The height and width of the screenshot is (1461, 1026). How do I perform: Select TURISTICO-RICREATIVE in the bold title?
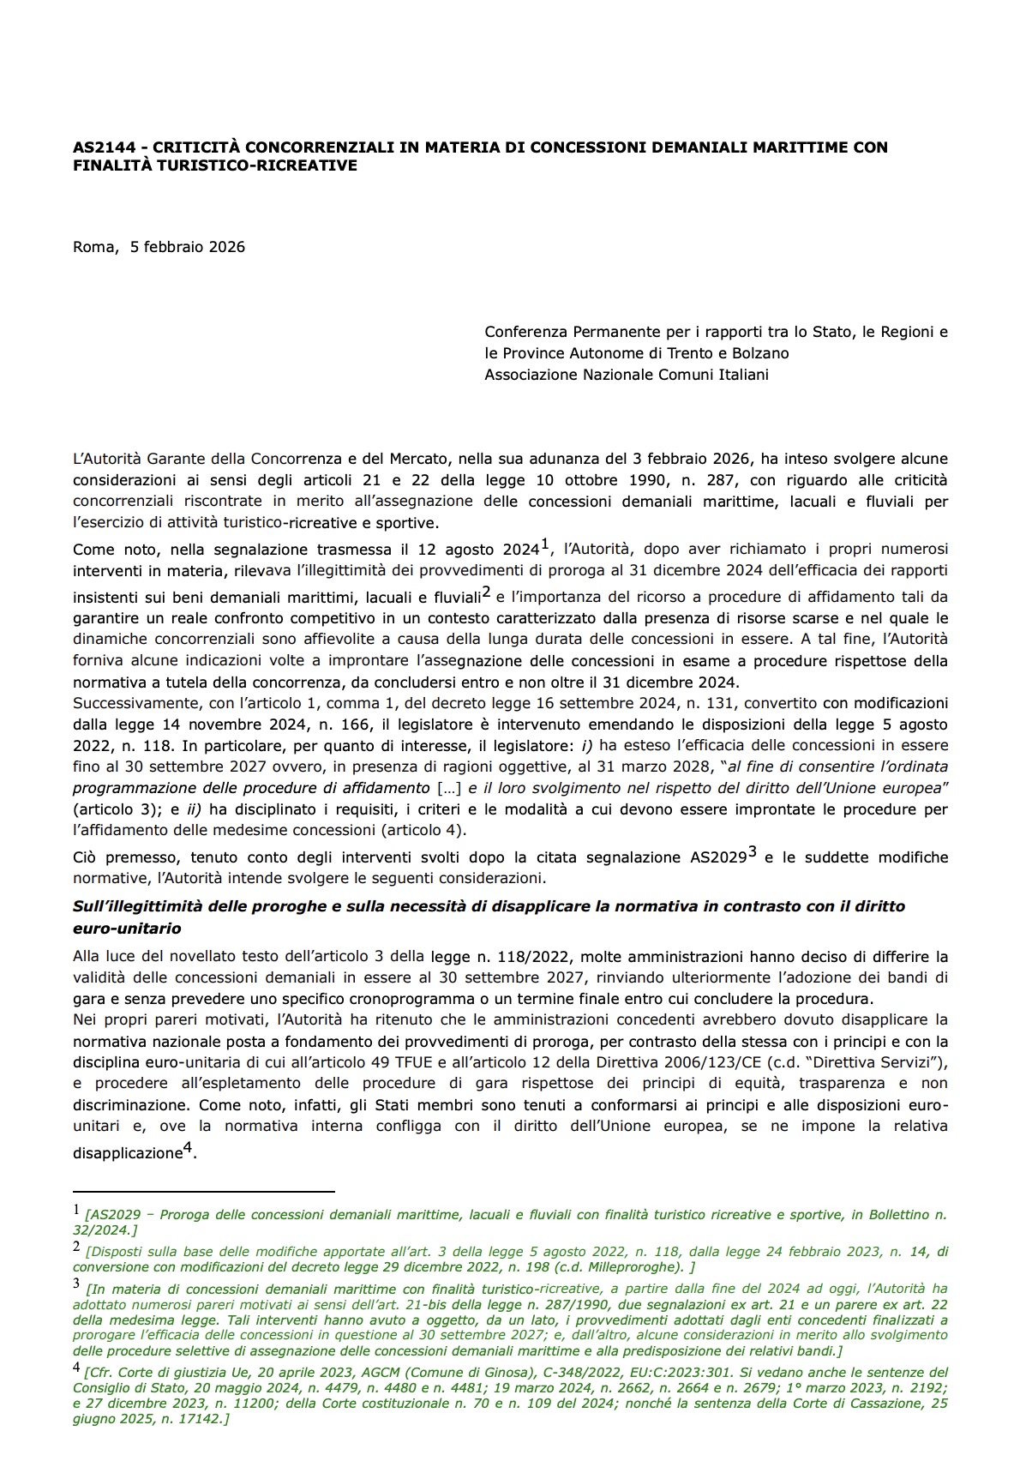point(267,165)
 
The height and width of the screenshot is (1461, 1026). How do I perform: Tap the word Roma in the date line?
point(93,247)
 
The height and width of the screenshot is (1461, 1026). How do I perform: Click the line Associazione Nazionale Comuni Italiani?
point(627,375)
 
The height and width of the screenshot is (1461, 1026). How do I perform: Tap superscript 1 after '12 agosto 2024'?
point(543,544)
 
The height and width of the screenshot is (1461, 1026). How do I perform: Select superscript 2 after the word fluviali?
point(486,592)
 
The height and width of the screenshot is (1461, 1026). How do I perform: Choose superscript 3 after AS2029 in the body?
point(753,853)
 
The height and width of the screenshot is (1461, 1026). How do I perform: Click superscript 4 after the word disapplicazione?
point(189,1151)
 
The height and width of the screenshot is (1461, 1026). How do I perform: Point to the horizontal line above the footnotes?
point(203,1191)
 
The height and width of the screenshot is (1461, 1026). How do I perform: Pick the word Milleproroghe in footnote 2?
point(630,1267)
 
